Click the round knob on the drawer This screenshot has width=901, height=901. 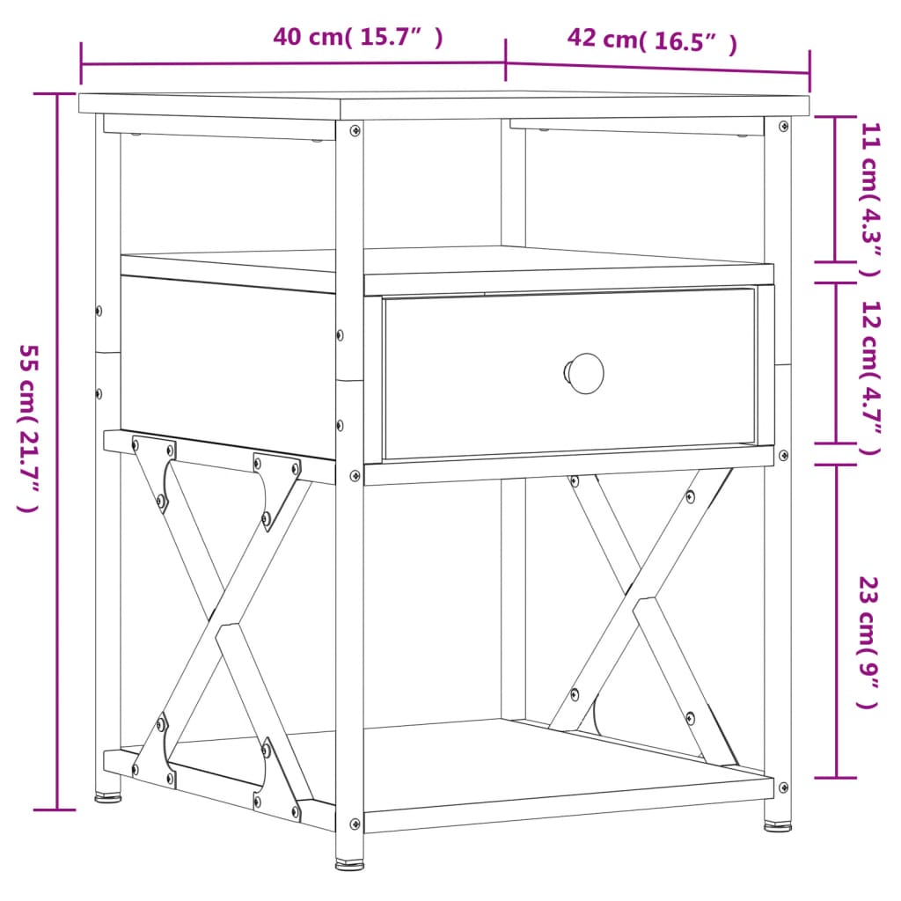pos(584,372)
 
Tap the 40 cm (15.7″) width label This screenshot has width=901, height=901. pos(357,38)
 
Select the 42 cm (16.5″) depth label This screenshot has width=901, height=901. pos(652,40)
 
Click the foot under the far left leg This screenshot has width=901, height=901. pos(108,798)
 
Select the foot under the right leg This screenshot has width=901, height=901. pos(777,825)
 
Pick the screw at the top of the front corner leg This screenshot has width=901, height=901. pos(355,130)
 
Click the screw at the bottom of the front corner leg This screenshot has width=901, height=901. pos(355,824)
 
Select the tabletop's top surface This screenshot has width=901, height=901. pos(440,102)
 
